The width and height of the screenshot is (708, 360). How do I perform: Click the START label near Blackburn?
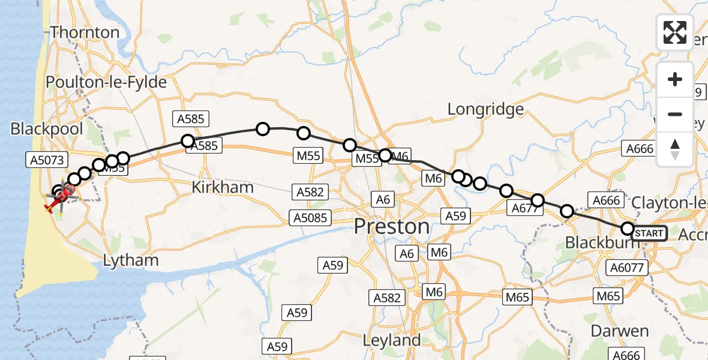pos(649,233)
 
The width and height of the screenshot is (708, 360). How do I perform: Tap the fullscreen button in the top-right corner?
pos(675,32)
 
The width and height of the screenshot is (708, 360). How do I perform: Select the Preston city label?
pos(391,227)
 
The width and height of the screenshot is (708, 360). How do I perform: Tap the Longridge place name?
pos(485,109)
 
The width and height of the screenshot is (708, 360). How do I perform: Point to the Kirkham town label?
pos(223,187)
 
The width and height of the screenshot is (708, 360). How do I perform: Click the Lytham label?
pos(131,260)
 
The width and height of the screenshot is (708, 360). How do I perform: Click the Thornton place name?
pos(85,32)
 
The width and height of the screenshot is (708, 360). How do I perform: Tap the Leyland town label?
pos(392,340)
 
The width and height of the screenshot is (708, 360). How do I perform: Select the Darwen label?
pos(620,331)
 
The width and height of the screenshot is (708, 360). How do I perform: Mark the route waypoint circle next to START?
pos(628,229)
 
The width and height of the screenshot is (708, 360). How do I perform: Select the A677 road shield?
pos(524,208)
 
